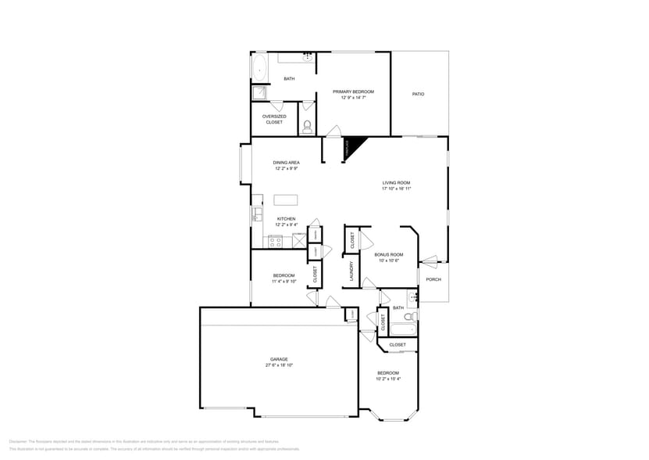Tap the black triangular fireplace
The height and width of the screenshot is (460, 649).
(x=354, y=145)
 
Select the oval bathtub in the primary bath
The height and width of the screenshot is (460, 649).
(x=259, y=67)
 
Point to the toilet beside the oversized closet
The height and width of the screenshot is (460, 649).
(x=307, y=125)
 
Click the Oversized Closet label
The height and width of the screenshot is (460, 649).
(x=274, y=119)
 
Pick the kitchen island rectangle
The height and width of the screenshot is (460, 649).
(x=287, y=199)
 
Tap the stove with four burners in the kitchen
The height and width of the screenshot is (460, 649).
(x=276, y=242)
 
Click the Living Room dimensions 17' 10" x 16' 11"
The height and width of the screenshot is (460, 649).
(x=396, y=189)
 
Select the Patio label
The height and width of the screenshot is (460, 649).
(x=419, y=94)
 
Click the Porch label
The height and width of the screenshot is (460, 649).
(x=433, y=279)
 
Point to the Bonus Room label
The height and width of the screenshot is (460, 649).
(x=388, y=255)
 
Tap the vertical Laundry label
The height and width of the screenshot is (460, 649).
(x=352, y=271)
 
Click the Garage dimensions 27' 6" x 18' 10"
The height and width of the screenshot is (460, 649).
(x=279, y=365)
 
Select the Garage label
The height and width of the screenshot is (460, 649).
(x=279, y=359)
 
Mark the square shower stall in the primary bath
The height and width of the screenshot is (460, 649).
(x=259, y=94)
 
